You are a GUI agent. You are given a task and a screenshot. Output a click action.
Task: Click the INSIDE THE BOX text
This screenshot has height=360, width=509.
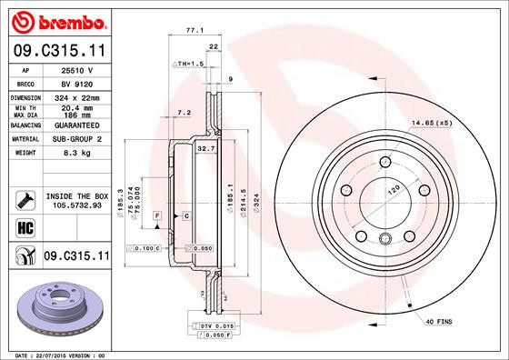tap(76, 196)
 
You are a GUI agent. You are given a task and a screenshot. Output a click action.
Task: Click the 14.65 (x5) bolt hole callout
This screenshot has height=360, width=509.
tap(431, 123)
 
